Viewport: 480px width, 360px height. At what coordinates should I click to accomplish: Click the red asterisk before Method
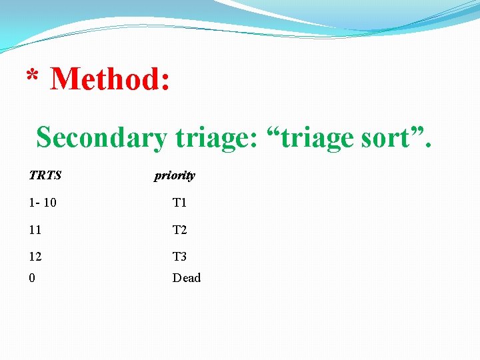[31, 75]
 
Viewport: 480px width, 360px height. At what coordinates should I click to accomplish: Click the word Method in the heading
[110, 79]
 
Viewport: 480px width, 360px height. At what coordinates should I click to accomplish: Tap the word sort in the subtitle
[390, 137]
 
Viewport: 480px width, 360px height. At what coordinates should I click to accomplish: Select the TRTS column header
[45, 176]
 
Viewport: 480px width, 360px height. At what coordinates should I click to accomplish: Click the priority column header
[175, 176]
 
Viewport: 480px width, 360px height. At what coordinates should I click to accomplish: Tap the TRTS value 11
[35, 230]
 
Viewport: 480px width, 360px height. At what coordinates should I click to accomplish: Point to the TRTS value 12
[35, 257]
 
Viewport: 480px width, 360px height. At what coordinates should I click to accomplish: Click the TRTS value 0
[32, 278]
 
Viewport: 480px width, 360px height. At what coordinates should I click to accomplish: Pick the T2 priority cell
[179, 230]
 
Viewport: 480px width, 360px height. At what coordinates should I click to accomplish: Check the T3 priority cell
[179, 257]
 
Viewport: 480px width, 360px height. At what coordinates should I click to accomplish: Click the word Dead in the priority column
[186, 278]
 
